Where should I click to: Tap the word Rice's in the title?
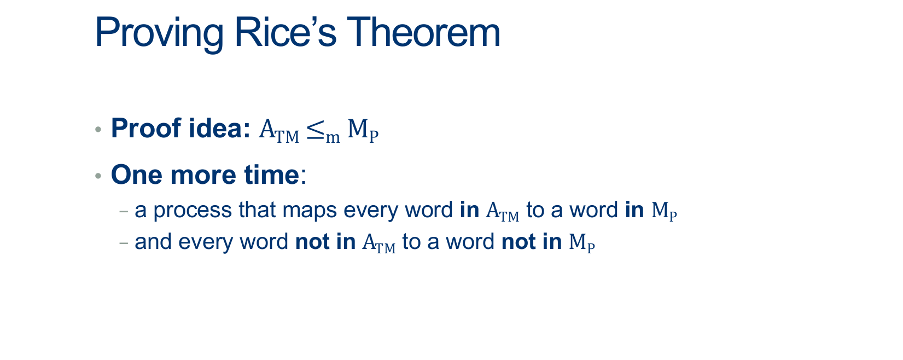(285, 32)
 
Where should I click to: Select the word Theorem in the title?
(423, 32)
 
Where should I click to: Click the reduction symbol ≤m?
(323, 131)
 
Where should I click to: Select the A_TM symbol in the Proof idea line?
(279, 131)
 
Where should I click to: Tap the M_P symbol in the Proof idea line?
(363, 131)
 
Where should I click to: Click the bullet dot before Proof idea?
(98, 130)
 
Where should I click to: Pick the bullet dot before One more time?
(98, 176)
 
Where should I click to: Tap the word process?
(193, 211)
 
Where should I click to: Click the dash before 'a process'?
(124, 211)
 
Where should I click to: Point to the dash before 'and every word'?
(124, 243)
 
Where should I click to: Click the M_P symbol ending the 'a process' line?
(664, 211)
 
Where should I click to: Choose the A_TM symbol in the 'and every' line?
(379, 243)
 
